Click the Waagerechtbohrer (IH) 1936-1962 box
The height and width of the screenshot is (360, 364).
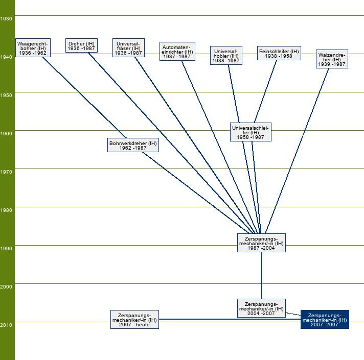[33, 47]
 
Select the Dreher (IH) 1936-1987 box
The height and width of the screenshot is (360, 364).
[81, 45]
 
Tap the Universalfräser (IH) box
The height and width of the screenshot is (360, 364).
[128, 48]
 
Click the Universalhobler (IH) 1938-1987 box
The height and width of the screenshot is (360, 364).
[226, 56]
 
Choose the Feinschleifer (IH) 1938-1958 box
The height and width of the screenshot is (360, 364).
[279, 53]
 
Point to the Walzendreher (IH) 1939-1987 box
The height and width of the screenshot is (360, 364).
[332, 59]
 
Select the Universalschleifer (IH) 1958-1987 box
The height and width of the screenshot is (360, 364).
[251, 132]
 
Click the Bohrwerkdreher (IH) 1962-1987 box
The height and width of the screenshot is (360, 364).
[133, 146]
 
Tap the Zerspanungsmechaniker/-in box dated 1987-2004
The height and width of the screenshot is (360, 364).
[261, 243]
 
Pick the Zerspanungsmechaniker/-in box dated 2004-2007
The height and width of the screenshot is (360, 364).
[261, 308]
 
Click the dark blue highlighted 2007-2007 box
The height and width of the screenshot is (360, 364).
[325, 320]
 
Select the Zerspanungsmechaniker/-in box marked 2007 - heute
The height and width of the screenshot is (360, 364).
[134, 319]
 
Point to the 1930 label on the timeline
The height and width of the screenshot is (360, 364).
[7, 18]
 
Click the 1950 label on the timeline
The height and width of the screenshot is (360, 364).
[7, 95]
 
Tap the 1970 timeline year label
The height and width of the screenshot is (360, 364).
[7, 172]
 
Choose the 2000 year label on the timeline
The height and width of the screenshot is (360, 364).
[7, 286]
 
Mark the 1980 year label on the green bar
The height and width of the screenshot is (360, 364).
[7, 210]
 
